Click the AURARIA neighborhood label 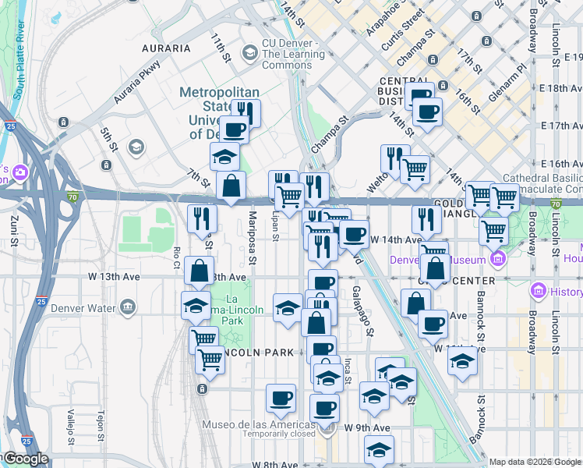[166, 48]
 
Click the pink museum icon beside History [537, 292]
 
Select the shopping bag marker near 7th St [231, 186]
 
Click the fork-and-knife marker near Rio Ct [201, 218]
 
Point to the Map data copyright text [535, 462]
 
